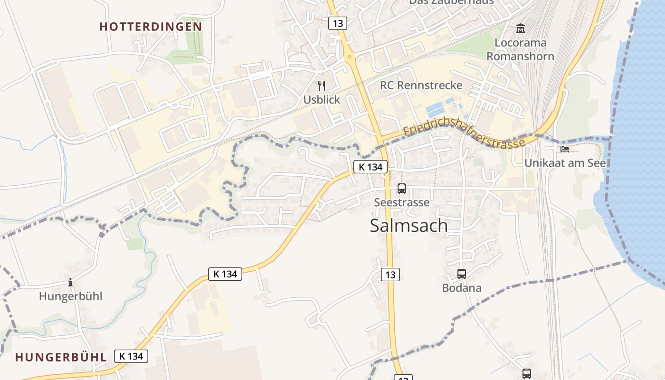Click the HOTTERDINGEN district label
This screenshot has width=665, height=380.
click(x=151, y=27)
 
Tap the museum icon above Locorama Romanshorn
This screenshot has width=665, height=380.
click(x=520, y=28)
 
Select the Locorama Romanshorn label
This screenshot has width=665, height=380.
click(x=520, y=49)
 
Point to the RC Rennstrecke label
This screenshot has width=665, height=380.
click(x=421, y=85)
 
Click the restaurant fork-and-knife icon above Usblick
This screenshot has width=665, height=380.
click(x=322, y=86)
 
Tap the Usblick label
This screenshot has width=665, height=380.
click(x=322, y=100)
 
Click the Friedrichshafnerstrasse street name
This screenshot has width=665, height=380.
click(x=464, y=136)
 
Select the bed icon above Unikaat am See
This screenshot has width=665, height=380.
click(x=564, y=149)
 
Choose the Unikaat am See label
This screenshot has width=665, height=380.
click(x=565, y=163)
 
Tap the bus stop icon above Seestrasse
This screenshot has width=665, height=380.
click(x=401, y=189)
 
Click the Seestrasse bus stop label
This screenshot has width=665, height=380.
click(x=401, y=202)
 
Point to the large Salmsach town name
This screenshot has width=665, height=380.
click(x=408, y=226)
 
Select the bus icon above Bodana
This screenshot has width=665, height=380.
click(x=461, y=274)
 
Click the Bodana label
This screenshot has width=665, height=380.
click(x=461, y=288)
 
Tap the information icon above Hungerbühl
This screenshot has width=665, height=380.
click(x=70, y=283)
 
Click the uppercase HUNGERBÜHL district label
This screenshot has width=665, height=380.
click(x=60, y=357)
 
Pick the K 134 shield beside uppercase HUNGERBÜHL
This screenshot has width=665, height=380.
click(x=131, y=356)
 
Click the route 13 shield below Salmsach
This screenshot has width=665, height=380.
click(x=390, y=274)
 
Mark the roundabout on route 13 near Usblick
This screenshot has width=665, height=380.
click(x=350, y=57)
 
